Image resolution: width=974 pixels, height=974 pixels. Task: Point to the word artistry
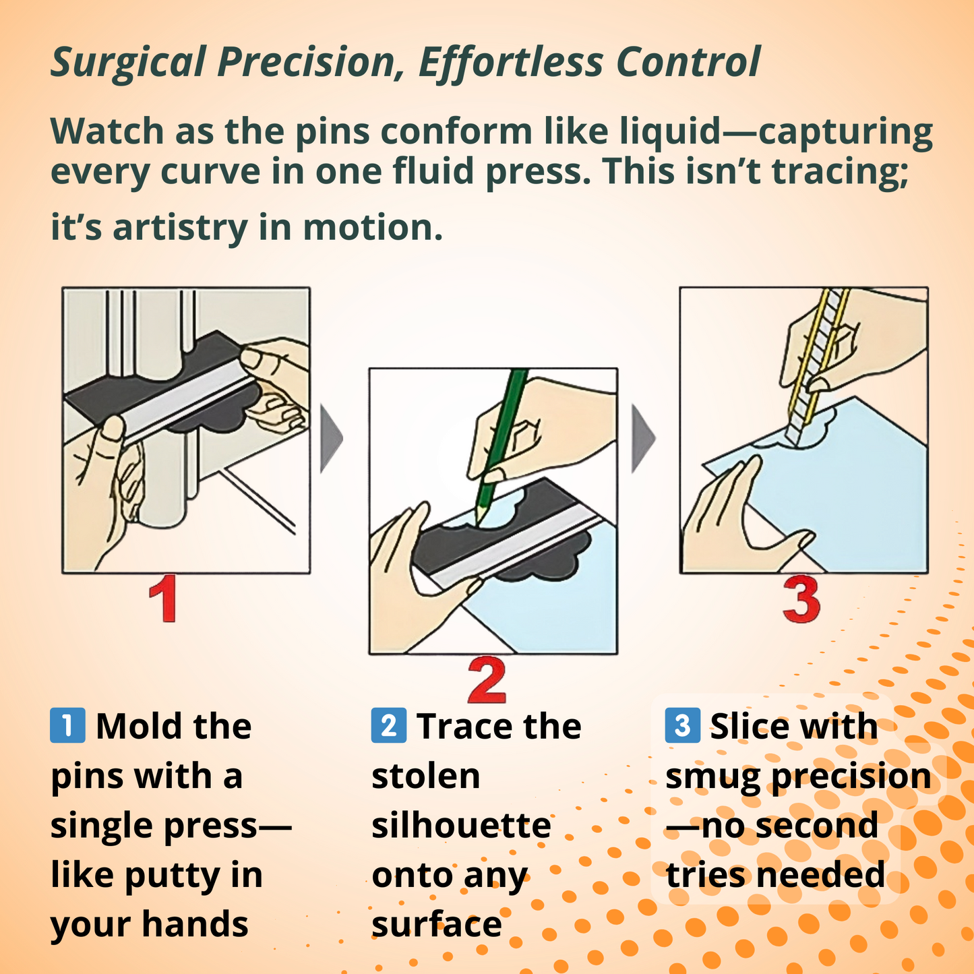click(x=180, y=227)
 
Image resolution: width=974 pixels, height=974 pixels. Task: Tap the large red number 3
click(x=801, y=600)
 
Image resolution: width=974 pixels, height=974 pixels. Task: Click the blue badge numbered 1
click(x=67, y=726)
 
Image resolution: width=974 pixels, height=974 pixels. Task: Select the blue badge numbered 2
click(x=389, y=726)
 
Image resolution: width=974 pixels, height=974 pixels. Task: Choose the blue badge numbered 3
click(x=682, y=726)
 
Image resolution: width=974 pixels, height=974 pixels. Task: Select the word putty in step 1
click(x=171, y=877)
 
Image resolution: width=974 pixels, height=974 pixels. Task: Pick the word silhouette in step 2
click(x=461, y=826)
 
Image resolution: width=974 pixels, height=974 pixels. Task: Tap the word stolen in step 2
click(x=425, y=776)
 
